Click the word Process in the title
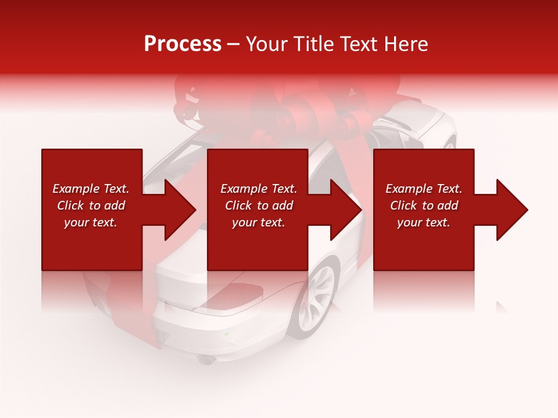(183, 44)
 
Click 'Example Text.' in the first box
(91, 189)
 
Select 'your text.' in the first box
(91, 222)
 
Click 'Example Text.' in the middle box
(259, 189)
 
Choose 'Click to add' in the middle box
(259, 206)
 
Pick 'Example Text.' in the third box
(424, 189)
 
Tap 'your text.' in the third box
(424, 222)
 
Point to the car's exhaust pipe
(206, 360)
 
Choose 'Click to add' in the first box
(91, 206)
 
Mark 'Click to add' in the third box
(424, 206)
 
